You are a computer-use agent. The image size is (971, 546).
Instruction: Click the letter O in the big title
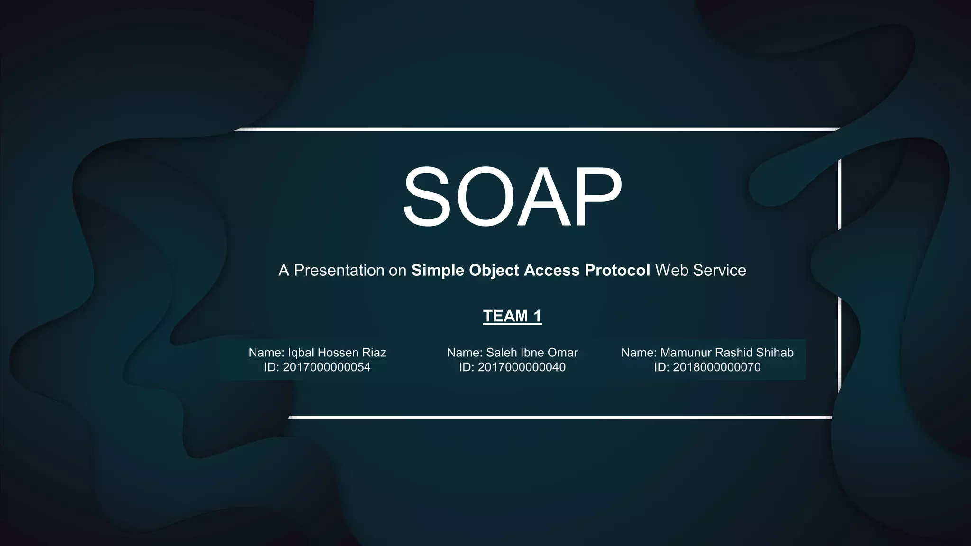pyautogui.click(x=484, y=197)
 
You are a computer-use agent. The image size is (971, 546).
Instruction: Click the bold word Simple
pyautogui.click(x=438, y=270)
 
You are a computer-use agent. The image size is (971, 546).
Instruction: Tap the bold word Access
pyautogui.click(x=552, y=270)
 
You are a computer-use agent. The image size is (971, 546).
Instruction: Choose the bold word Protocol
pyautogui.click(x=617, y=270)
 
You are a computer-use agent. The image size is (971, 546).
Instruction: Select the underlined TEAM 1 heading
pyautogui.click(x=512, y=316)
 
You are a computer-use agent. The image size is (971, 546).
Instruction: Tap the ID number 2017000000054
pyautogui.click(x=326, y=367)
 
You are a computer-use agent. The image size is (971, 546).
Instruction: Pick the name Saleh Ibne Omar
pyautogui.click(x=532, y=353)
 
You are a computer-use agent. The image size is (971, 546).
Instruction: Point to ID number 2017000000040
pyautogui.click(x=522, y=367)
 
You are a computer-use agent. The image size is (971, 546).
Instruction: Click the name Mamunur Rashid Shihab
pyautogui.click(x=726, y=353)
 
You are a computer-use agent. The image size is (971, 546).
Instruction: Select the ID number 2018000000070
pyautogui.click(x=716, y=367)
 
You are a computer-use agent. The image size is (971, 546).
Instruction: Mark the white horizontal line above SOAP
pyautogui.click(x=536, y=129)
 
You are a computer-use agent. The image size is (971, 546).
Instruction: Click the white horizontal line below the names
pyautogui.click(x=559, y=418)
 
